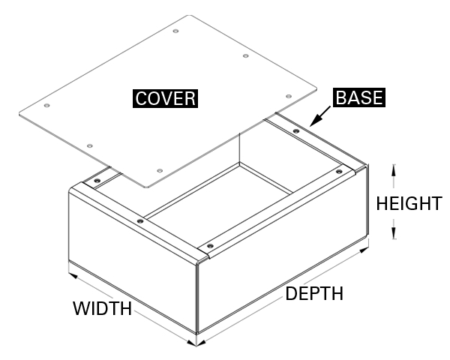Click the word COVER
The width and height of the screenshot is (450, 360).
click(x=165, y=99)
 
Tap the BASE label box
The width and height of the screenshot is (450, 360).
click(x=359, y=97)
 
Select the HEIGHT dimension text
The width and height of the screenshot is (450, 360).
click(x=409, y=203)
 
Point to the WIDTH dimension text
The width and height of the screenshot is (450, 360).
click(x=102, y=308)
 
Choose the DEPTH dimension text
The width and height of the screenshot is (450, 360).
click(x=314, y=293)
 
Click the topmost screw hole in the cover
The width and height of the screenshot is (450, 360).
click(x=175, y=31)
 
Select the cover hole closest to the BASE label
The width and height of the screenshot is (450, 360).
click(x=289, y=97)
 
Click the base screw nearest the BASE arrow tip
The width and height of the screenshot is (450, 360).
click(x=296, y=131)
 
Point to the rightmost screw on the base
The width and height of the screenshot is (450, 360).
click(x=339, y=172)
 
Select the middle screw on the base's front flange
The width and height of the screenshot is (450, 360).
click(x=140, y=220)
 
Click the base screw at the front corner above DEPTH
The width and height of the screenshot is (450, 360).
click(x=209, y=246)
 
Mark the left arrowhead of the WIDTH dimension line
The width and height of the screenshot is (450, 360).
click(x=73, y=274)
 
